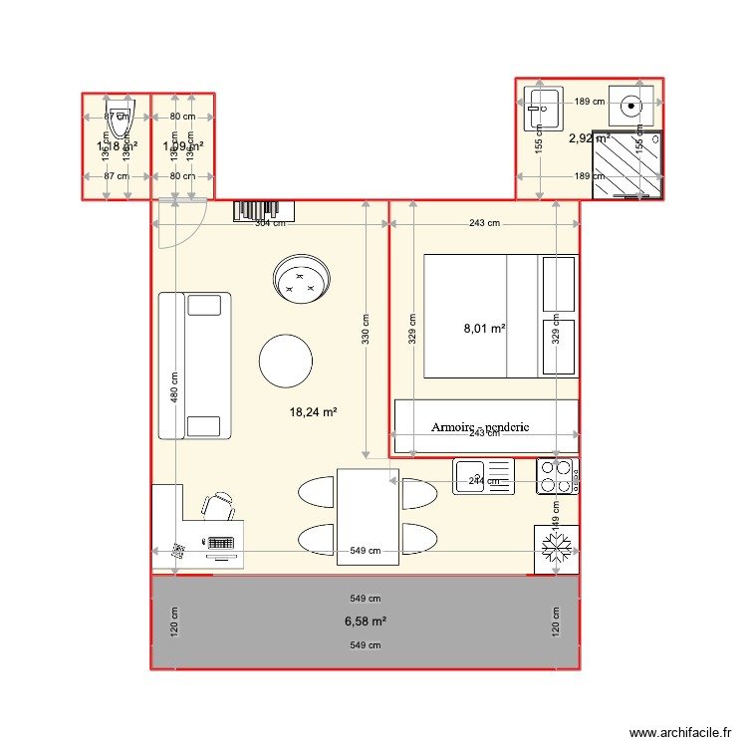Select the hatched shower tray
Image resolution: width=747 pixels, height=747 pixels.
tap(625, 164)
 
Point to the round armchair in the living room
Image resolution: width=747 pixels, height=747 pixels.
tap(301, 279)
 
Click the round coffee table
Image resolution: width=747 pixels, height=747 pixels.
tap(286, 361)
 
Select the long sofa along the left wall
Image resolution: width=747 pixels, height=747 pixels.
tap(194, 366)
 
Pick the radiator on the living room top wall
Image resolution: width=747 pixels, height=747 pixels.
tap(265, 210)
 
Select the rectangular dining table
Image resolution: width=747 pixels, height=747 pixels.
tap(369, 516)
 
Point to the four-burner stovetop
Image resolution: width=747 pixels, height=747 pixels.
tap(558, 476)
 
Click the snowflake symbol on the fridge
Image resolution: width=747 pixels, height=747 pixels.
tap(557, 549)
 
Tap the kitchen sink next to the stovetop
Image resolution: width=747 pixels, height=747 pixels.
tap(483, 476)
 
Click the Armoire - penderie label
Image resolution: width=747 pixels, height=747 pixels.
tap(480, 427)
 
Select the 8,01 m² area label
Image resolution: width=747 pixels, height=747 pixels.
tap(484, 327)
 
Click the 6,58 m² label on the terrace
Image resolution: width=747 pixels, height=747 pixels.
tap(365, 621)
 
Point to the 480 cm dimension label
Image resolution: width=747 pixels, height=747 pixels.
tap(174, 387)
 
